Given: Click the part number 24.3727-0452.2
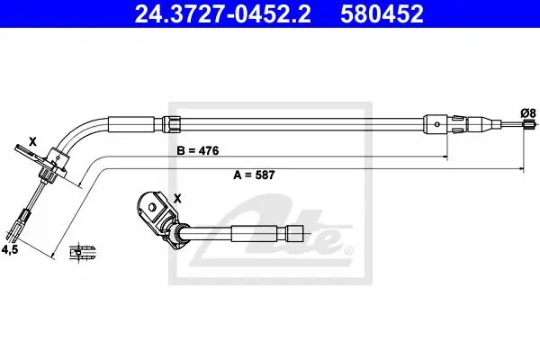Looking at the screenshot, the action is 222,13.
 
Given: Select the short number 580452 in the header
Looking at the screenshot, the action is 382,13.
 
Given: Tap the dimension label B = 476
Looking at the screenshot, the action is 198,150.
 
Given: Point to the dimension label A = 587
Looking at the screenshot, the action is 254,175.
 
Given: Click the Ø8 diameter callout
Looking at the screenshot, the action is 528,113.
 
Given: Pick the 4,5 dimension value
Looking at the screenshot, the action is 10,249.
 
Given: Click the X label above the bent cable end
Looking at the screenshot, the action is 32,141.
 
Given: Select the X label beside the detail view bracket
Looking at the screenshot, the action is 177,198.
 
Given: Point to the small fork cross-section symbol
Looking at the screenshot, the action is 82,252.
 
